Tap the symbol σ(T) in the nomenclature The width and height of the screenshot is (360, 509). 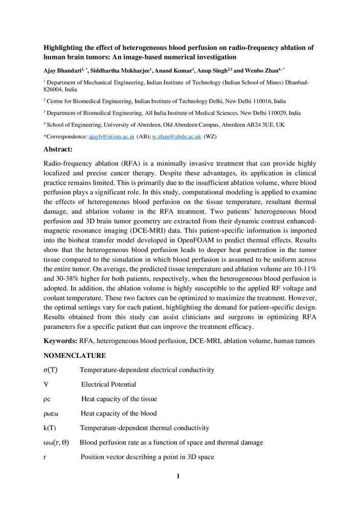coord(50,370)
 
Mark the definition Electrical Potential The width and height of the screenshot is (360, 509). coord(108,384)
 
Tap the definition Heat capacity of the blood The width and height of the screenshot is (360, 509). coord(119,413)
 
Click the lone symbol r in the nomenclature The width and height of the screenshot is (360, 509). coord(45,457)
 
